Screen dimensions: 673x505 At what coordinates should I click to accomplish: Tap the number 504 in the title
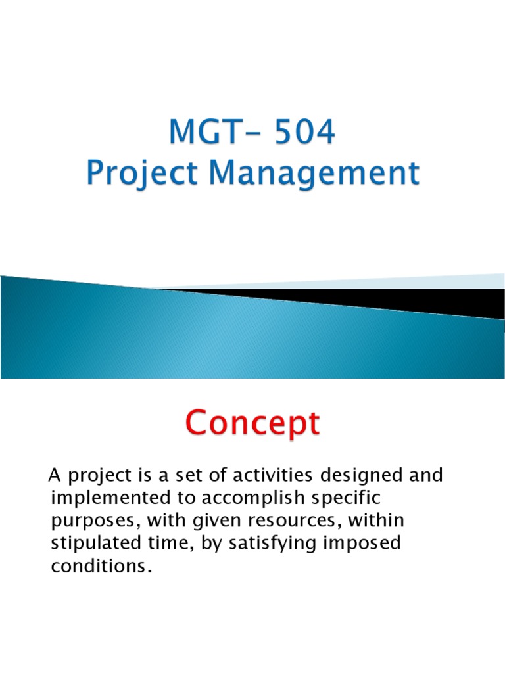click(x=304, y=133)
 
